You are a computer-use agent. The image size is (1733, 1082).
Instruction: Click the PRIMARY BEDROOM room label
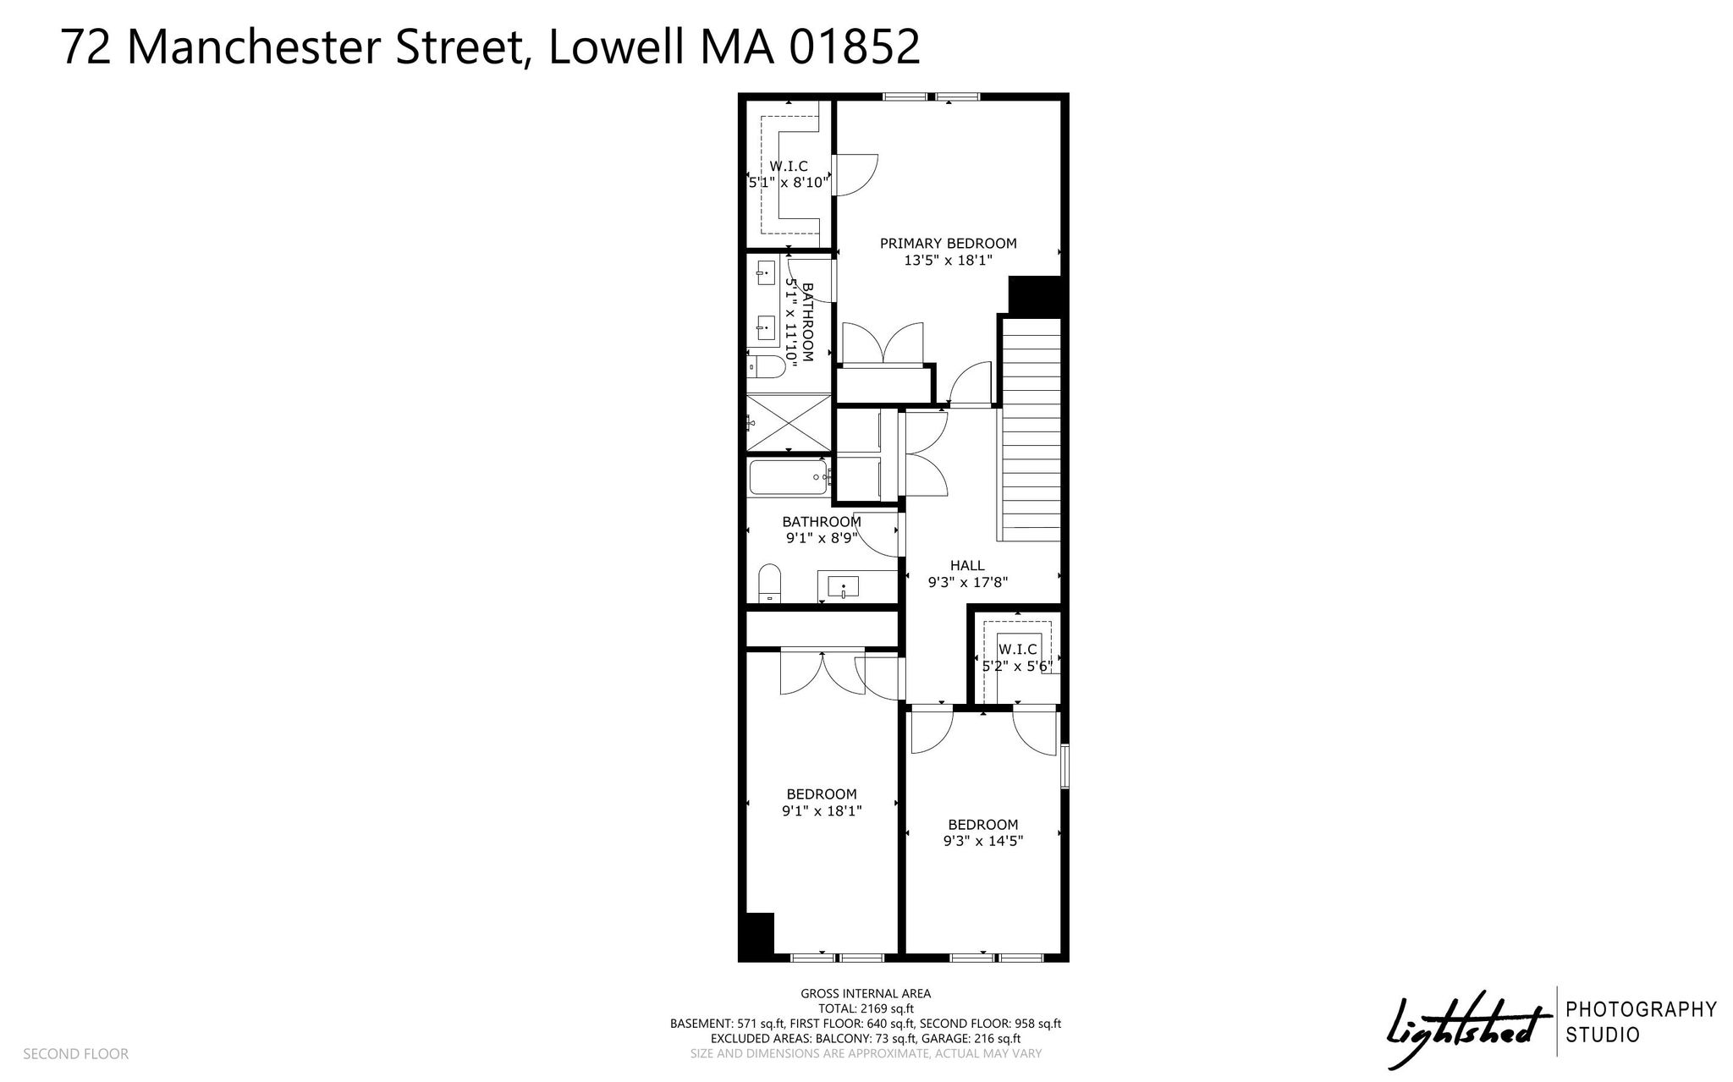[948, 244]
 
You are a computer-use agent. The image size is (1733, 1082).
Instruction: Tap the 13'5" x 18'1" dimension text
[948, 261]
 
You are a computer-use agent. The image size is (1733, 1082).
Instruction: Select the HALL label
[967, 566]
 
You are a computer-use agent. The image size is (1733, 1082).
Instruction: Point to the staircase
[1031, 430]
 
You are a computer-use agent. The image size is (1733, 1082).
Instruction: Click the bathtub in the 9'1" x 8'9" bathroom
[788, 477]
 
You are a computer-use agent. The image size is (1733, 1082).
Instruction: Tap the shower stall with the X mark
[788, 422]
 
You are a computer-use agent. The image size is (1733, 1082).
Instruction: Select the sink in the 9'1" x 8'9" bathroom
[843, 586]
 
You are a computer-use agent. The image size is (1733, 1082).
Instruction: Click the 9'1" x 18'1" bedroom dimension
[822, 811]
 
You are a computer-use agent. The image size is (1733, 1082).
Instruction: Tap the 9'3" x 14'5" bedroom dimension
[983, 842]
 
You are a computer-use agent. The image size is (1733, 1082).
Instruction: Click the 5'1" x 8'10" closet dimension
[789, 182]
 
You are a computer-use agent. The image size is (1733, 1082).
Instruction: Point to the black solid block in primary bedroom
[1035, 296]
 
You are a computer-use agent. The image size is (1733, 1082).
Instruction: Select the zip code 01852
[855, 47]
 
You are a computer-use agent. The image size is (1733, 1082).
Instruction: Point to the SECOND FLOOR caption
[75, 1054]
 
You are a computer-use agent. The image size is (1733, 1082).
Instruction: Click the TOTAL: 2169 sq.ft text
[866, 1009]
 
